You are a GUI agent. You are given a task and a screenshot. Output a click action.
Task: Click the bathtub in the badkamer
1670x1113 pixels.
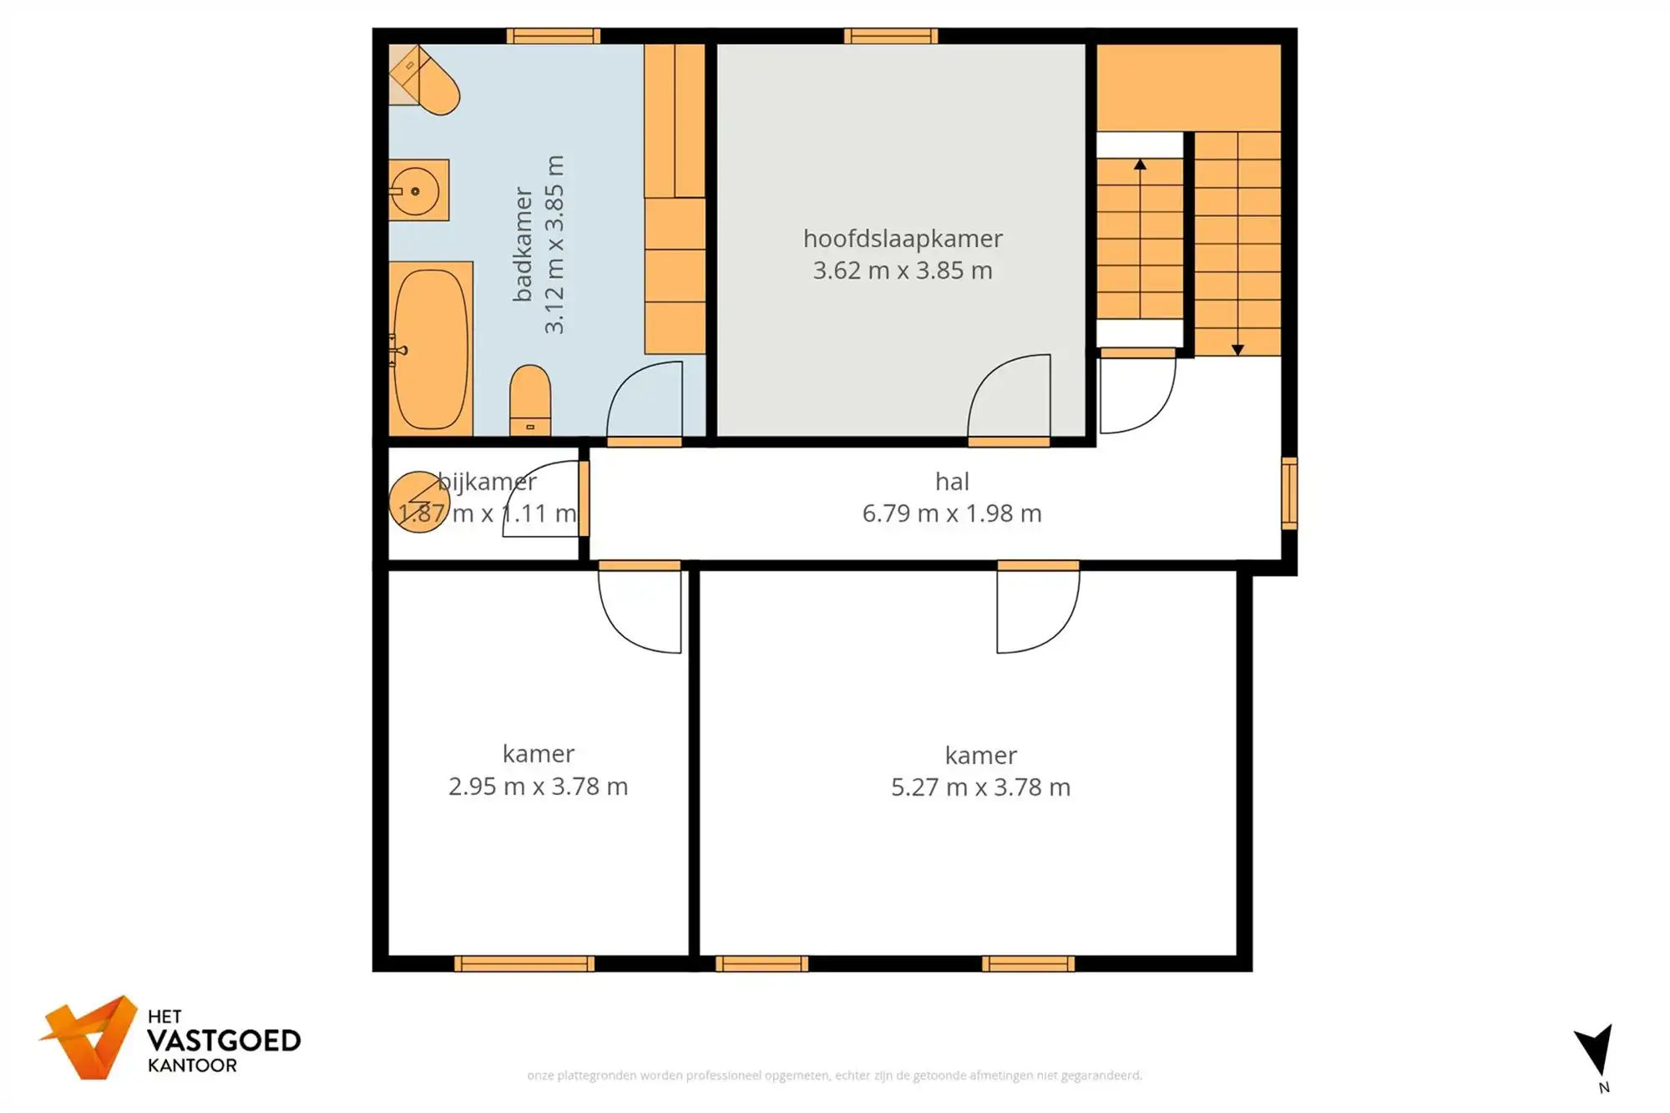pyautogui.click(x=431, y=349)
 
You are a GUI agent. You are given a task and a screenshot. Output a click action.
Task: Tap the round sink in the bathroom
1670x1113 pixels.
pyautogui.click(x=415, y=191)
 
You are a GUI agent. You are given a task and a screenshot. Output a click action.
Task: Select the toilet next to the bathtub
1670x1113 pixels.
pyautogui.click(x=530, y=400)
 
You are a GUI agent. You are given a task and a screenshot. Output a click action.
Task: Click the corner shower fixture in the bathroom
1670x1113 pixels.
pyautogui.click(x=424, y=80)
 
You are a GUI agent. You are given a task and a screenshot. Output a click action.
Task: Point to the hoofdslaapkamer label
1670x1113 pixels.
pyautogui.click(x=903, y=239)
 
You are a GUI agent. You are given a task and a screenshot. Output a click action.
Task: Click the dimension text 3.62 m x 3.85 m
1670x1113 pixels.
pyautogui.click(x=903, y=271)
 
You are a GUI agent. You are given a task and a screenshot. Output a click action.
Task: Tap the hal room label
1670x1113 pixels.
pyautogui.click(x=952, y=482)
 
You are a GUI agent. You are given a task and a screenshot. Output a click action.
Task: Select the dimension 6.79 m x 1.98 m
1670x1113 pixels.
pyautogui.click(x=952, y=513)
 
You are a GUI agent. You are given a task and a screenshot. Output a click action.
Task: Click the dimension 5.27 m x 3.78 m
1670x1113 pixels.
pyautogui.click(x=980, y=787)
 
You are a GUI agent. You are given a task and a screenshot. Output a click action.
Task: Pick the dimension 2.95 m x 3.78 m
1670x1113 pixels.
pyautogui.click(x=538, y=787)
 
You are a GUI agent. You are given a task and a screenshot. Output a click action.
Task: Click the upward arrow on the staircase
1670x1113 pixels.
pyautogui.click(x=1140, y=165)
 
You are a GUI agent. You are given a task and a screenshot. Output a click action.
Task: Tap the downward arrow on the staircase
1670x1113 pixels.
pyautogui.click(x=1237, y=349)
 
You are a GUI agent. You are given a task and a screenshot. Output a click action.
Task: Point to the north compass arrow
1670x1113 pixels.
pyautogui.click(x=1596, y=1050)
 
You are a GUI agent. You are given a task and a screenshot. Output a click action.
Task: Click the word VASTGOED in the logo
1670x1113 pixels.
pyautogui.click(x=224, y=1041)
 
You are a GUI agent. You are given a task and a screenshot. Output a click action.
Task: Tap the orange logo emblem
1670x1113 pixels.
pyautogui.click(x=90, y=1037)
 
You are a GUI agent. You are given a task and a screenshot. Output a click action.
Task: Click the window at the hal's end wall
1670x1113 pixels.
pyautogui.click(x=1289, y=493)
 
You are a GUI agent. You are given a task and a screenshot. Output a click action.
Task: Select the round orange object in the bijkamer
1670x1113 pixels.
pyautogui.click(x=419, y=502)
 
